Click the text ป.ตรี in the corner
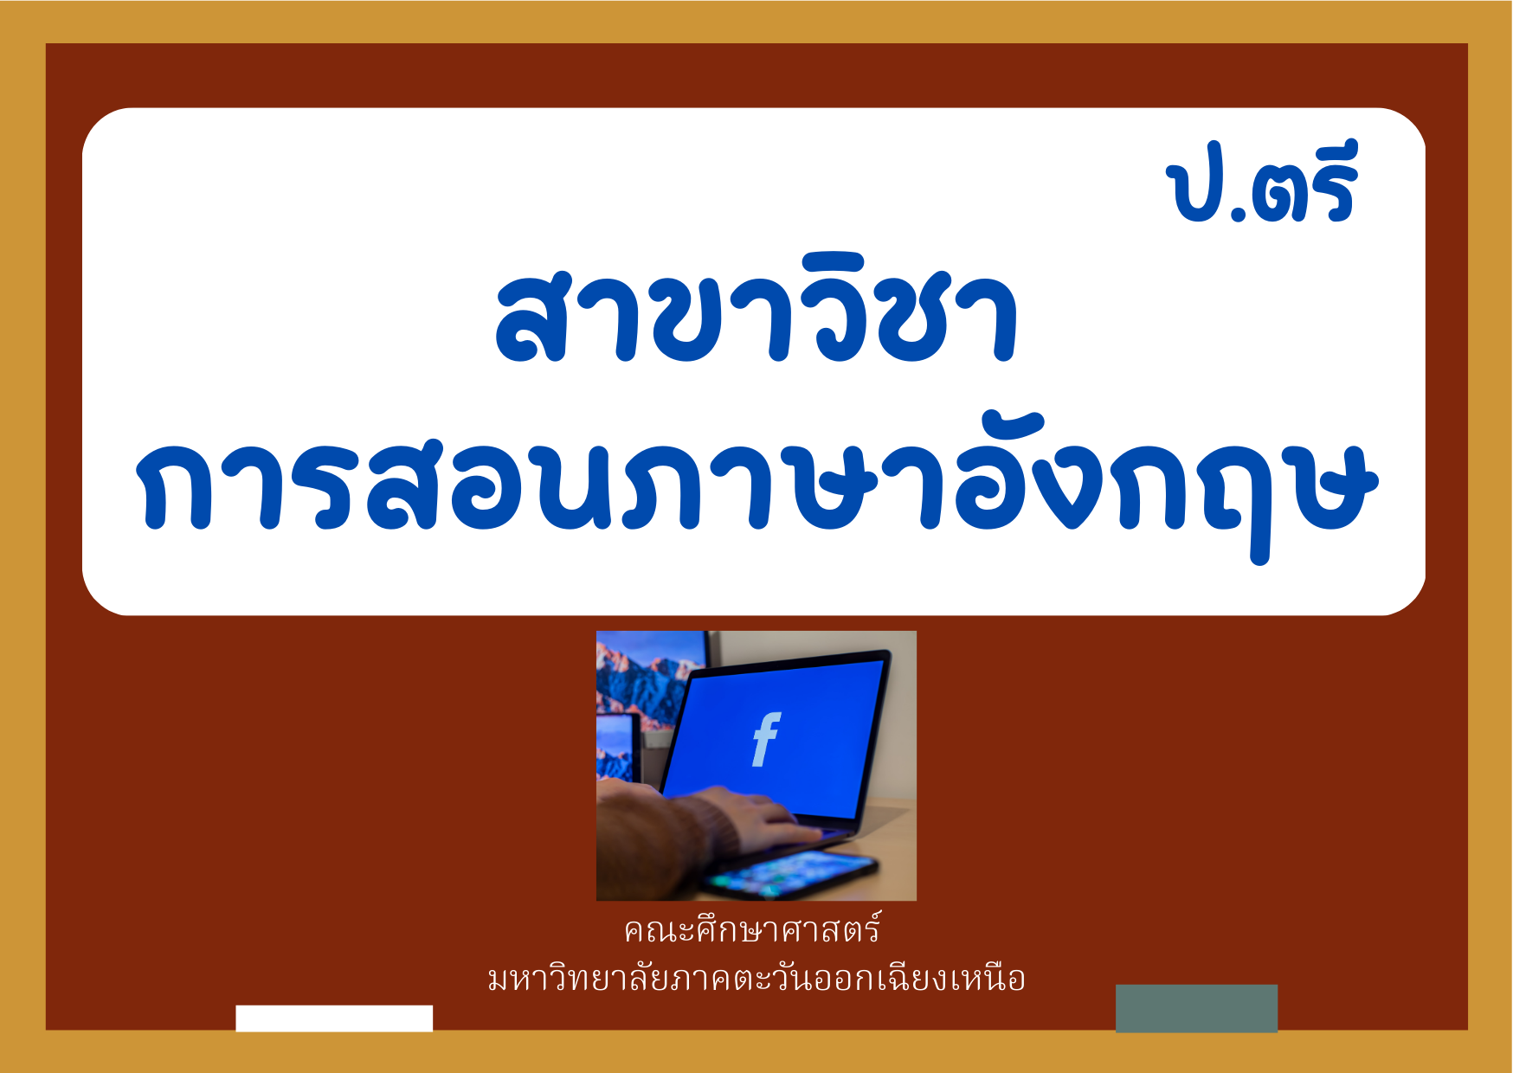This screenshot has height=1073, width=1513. click(1262, 183)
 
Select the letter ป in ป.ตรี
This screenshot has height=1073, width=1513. click(1195, 191)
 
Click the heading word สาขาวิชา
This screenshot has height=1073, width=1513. click(756, 308)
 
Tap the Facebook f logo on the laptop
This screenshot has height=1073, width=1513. click(766, 739)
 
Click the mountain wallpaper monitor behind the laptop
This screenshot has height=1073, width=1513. click(651, 684)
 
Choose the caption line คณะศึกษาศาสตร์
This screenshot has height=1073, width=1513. click(752, 929)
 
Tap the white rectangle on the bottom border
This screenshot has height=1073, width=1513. click(334, 1018)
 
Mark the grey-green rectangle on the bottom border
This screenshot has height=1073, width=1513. click(1196, 1008)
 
